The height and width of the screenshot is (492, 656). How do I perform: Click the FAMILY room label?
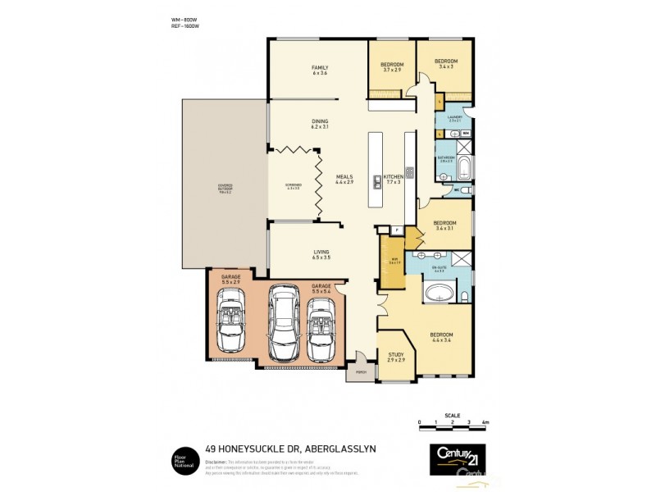point(319,68)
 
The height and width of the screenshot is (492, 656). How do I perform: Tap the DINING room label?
point(319,124)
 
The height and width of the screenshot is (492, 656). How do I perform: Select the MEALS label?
point(344,178)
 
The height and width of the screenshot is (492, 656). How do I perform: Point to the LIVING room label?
point(321,254)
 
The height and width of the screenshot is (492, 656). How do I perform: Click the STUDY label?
point(396,357)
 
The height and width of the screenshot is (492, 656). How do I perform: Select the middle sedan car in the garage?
point(285,323)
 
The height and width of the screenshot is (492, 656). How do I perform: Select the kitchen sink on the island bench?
point(377,181)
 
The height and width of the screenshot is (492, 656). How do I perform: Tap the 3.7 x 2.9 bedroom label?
point(391,66)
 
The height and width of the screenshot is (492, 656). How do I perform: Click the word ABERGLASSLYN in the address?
point(347,448)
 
